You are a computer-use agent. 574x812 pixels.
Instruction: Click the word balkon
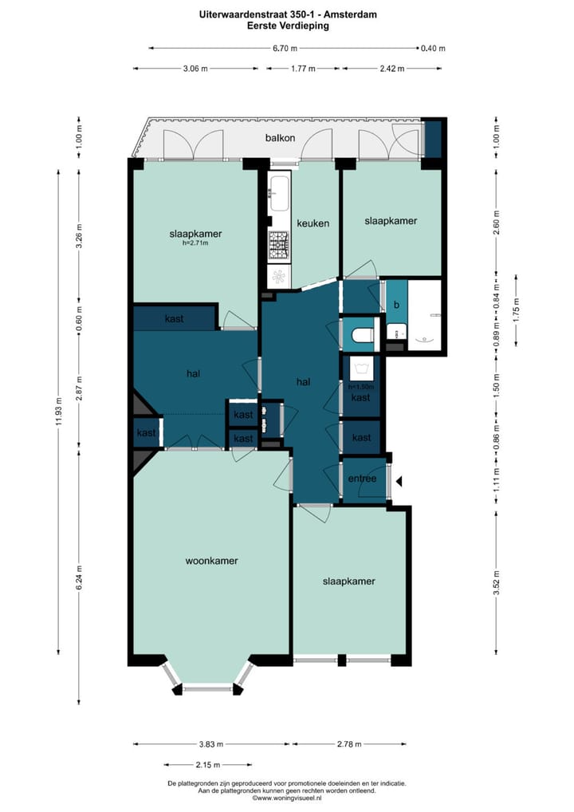(280, 138)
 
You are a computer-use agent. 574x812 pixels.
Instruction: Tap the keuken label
(313, 223)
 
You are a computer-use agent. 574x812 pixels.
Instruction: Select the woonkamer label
(212, 560)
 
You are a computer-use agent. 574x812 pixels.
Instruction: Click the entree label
(362, 479)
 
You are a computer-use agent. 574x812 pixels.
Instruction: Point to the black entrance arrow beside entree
(399, 482)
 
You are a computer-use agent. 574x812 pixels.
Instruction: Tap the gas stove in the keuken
(279, 245)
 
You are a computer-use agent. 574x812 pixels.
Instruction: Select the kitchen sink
(278, 194)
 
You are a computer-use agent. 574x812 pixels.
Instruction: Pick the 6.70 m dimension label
(285, 48)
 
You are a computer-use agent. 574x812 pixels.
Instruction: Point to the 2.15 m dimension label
(208, 764)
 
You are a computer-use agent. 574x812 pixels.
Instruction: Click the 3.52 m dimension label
(497, 582)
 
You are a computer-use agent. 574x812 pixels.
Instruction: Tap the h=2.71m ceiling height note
(195, 242)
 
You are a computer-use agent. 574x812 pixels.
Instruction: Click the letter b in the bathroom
(396, 305)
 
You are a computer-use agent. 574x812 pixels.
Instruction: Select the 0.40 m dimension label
(433, 48)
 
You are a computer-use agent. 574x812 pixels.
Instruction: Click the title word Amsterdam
(351, 14)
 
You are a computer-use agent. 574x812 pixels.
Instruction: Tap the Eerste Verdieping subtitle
(289, 26)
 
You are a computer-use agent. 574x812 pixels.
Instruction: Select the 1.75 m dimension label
(516, 309)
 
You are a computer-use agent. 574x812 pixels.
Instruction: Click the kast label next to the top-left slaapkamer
(174, 318)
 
